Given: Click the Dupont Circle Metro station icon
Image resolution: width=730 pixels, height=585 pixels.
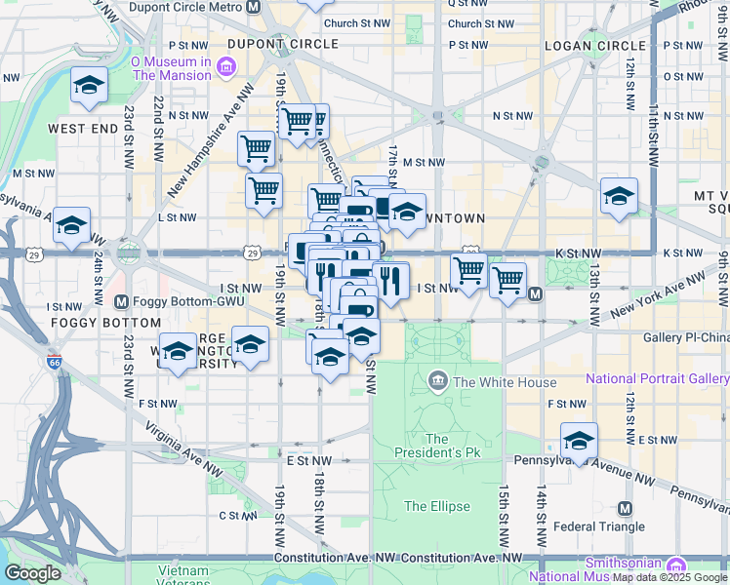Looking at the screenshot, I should pyautogui.click(x=254, y=7).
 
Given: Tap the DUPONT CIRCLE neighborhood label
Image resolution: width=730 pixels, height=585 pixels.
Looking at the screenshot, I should pyautogui.click(x=283, y=44).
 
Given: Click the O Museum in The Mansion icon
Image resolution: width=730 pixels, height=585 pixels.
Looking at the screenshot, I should pyautogui.click(x=226, y=67).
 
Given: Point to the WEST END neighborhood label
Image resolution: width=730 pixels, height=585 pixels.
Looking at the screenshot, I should pyautogui.click(x=83, y=129).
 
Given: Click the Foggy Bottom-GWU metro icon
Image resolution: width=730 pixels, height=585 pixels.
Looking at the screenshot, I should pyautogui.click(x=122, y=301).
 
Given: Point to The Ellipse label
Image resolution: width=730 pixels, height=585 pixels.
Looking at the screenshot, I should pyautogui.click(x=437, y=506).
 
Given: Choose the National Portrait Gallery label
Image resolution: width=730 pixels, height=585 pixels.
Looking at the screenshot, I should pyautogui.click(x=656, y=378).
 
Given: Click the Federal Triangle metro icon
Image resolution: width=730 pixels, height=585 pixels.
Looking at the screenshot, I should pyautogui.click(x=625, y=509).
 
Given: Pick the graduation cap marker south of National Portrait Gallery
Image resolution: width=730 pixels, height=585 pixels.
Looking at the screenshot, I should pyautogui.click(x=579, y=440).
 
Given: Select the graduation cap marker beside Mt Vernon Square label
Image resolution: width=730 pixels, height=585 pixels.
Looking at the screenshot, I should pyautogui.click(x=619, y=197).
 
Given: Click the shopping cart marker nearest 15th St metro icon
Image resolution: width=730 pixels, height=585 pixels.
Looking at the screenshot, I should pyautogui.click(x=507, y=282).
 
